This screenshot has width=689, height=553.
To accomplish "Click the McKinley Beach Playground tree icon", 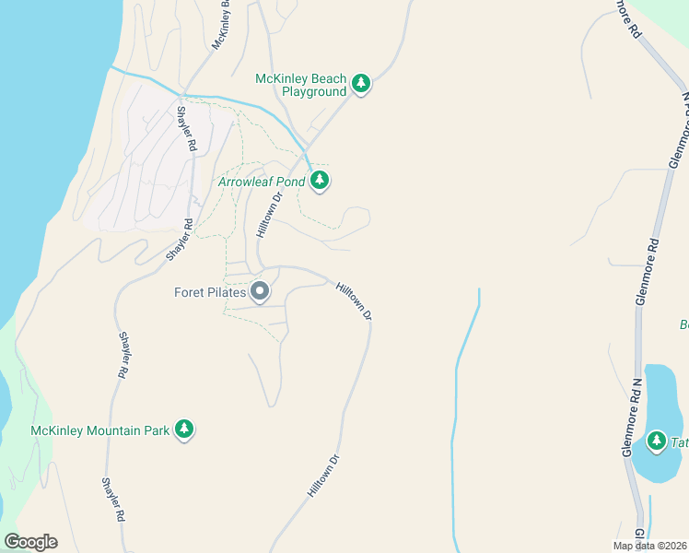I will click(x=362, y=85).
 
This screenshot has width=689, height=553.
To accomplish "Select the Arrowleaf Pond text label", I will click(x=261, y=182).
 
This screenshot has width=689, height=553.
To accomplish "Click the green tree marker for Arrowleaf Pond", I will click(x=320, y=180).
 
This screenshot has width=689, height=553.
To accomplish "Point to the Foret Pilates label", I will click(x=210, y=292).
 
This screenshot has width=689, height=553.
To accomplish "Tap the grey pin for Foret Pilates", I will click(x=260, y=292).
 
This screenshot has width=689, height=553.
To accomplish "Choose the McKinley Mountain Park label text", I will click(x=100, y=430).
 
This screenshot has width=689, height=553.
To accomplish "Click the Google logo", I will click(x=30, y=542).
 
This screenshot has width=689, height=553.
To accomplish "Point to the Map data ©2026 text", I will click(x=649, y=546).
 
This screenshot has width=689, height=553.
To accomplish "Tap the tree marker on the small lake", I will click(x=657, y=441).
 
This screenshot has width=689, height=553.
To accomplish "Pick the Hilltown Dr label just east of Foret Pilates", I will click(x=354, y=301).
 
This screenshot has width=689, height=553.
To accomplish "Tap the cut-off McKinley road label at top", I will click(x=219, y=26).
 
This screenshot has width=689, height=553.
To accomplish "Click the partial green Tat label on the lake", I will click(x=680, y=443).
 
